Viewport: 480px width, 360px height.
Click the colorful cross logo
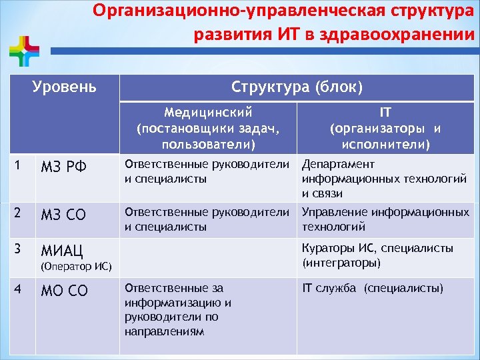coord(25,51)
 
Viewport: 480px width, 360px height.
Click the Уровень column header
coord(65,87)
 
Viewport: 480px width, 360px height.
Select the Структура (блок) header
coord(297,87)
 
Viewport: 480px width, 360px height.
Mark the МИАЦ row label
coord(63,251)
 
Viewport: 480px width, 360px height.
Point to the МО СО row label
coord(64,292)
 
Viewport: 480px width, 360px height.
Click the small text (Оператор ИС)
coord(76,267)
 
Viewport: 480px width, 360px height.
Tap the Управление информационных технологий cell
coord(385,219)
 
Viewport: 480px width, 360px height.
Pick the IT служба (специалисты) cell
coord(372,289)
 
